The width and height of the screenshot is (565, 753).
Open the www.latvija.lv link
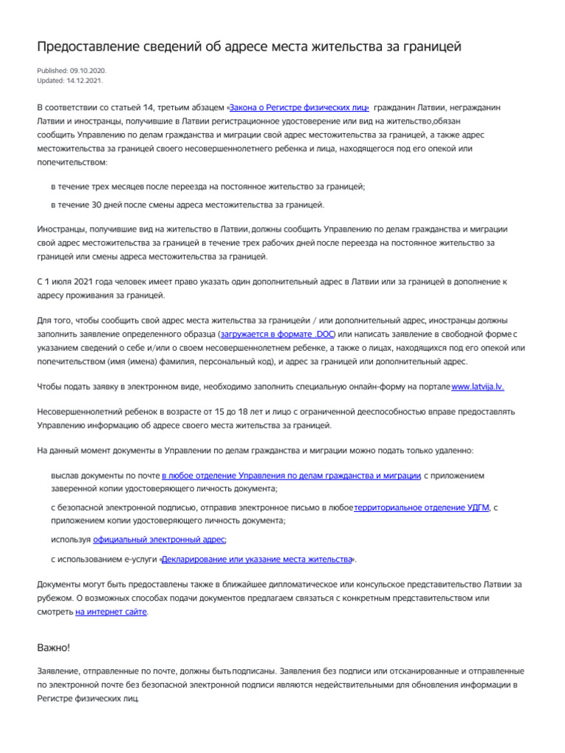[477, 387]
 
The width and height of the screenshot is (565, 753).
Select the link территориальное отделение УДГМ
[422, 507]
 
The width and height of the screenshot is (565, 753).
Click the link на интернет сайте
[111, 611]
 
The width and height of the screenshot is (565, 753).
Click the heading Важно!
[54, 647]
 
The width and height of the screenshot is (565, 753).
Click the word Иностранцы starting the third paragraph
[63, 229]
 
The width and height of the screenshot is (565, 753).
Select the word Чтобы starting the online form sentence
[50, 387]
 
